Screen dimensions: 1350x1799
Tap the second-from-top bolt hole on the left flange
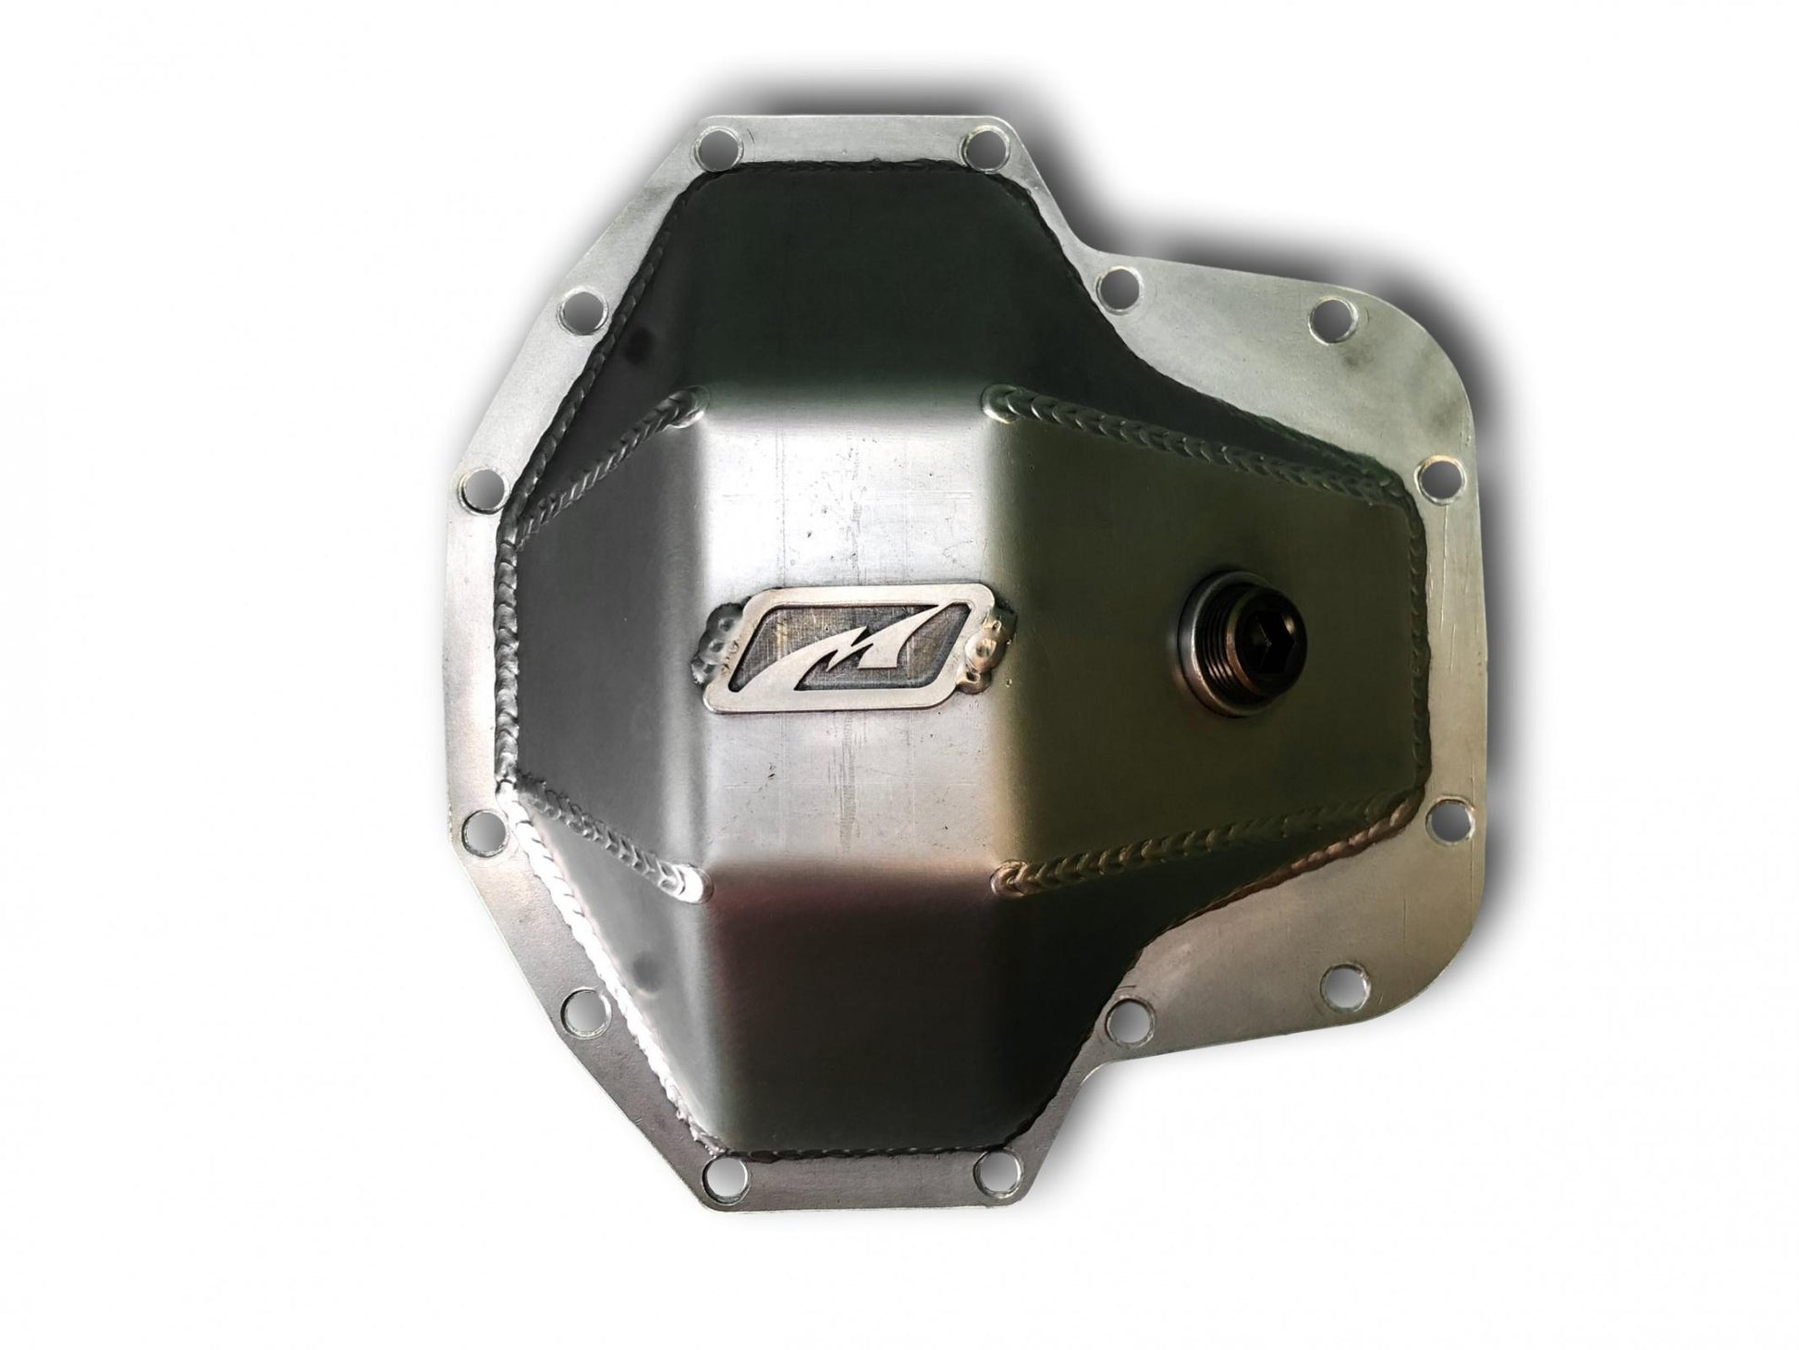click(x=479, y=483)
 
